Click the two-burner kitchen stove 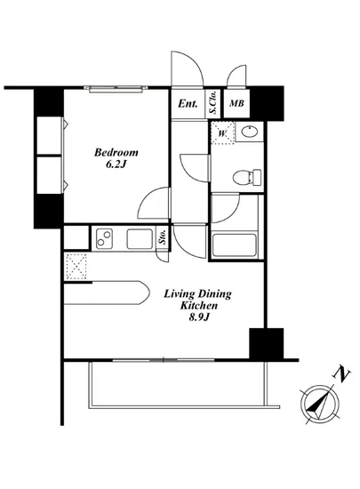(x=106, y=238)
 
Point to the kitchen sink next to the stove (x=139, y=238)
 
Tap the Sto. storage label (x=164, y=238)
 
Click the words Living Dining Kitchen (x=197, y=300)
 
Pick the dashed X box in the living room (x=76, y=266)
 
